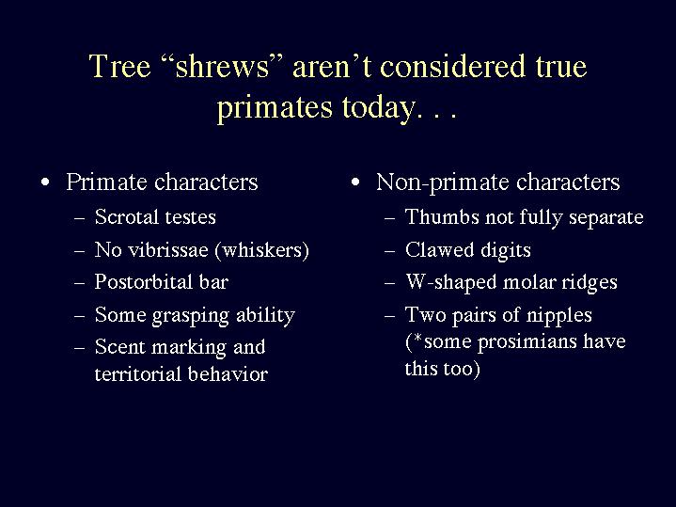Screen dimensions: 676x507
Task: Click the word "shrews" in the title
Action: point(222,67)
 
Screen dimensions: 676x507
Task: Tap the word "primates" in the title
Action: point(275,108)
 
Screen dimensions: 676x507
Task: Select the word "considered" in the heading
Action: point(452,66)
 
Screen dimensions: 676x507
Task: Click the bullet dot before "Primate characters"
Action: point(45,182)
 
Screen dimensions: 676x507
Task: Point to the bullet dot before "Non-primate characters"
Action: point(355,182)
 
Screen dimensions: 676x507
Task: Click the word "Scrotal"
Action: point(126,216)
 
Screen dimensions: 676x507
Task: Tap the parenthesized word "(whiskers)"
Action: point(261,250)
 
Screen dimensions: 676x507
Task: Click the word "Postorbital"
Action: point(144,282)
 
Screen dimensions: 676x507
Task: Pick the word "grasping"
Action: point(191,316)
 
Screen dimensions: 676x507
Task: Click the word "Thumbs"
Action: point(442,216)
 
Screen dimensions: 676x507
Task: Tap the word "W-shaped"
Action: point(451,283)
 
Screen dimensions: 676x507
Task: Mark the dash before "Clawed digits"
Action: point(389,251)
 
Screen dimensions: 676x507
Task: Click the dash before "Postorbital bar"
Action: point(79,283)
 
